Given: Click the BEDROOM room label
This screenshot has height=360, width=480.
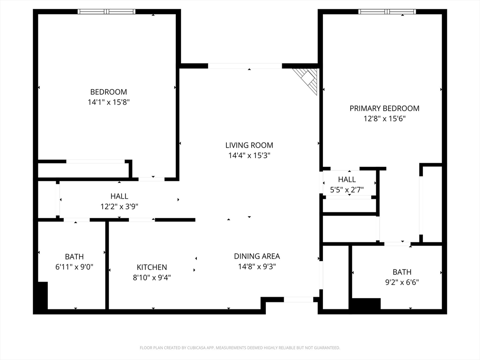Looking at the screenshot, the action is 109,92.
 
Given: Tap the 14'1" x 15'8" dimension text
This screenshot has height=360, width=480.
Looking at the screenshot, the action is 109,102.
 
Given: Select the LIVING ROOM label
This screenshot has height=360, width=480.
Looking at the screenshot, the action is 249,145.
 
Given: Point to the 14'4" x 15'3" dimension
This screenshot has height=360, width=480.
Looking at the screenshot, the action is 249,156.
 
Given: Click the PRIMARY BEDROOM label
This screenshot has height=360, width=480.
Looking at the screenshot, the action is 384,108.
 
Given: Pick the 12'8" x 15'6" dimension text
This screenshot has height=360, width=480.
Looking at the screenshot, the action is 384,119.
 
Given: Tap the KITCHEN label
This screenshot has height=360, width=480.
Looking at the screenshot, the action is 152,267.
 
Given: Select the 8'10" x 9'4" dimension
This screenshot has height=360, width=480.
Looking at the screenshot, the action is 152,277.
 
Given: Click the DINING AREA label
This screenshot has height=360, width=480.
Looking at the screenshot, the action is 257,256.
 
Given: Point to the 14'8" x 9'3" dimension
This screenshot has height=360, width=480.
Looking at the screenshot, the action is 257,267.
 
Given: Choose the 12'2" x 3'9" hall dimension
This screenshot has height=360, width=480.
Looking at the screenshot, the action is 120,207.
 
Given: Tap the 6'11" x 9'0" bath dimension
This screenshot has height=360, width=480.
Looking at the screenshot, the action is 74,267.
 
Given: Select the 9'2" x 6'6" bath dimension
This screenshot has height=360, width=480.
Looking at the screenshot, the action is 402,282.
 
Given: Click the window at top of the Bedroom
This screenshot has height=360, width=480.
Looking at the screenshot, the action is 106,12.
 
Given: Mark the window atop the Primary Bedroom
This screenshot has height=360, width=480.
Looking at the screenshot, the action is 387,12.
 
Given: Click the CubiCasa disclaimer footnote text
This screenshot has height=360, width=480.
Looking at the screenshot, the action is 240,348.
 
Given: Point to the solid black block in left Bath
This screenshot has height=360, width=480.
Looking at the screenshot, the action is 43,295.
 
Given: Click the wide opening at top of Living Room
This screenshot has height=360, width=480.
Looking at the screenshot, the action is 245,66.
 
